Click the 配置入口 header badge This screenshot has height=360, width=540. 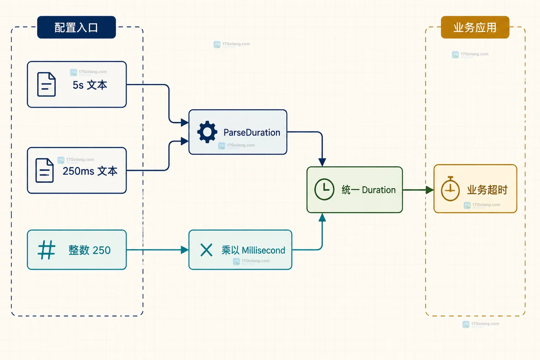[x=76, y=27]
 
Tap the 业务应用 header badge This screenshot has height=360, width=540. [x=475, y=27]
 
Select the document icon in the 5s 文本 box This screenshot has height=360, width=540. [x=46, y=84]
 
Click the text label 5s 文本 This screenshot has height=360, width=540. [x=90, y=85]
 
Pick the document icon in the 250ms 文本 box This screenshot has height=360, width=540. [x=44, y=171]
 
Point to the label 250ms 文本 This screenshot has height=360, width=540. [x=90, y=171]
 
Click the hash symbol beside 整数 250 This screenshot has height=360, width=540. [x=46, y=250]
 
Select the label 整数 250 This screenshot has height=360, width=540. [x=89, y=250]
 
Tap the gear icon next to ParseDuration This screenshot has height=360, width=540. [x=207, y=132]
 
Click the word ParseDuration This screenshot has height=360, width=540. [x=252, y=133]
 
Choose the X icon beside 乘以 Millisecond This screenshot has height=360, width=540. [x=206, y=250]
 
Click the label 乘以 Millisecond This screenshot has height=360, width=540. [x=254, y=250]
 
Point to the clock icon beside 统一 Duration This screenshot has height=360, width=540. [x=324, y=189]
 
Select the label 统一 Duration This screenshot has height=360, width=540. [x=369, y=190]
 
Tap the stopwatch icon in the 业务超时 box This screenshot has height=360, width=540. [x=450, y=189]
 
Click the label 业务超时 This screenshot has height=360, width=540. [x=487, y=190]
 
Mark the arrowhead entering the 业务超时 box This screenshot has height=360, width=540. [x=429, y=190]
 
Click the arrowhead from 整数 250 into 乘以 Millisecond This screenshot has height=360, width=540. [x=185, y=250]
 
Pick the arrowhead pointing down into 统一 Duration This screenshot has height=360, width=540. [x=322, y=162]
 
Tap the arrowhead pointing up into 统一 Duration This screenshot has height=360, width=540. [x=322, y=217]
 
